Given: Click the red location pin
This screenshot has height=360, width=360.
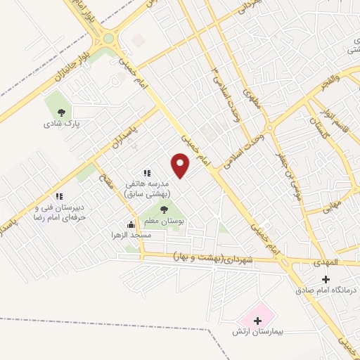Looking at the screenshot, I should (x=181, y=166).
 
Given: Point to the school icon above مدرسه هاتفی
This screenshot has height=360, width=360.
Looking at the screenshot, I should (x=146, y=173).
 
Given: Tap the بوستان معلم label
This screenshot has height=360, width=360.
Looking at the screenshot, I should (x=164, y=221).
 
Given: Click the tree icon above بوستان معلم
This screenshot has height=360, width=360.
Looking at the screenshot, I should (x=164, y=210).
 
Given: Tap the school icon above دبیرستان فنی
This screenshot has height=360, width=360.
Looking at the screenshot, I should (x=59, y=195).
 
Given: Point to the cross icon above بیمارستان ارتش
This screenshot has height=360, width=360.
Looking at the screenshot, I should (x=257, y=320).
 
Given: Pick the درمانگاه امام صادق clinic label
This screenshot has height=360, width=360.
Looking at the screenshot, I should (x=326, y=290).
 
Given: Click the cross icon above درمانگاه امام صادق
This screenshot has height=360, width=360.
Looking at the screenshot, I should (x=326, y=279).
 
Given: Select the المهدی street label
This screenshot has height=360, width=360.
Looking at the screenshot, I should (x=327, y=262).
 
